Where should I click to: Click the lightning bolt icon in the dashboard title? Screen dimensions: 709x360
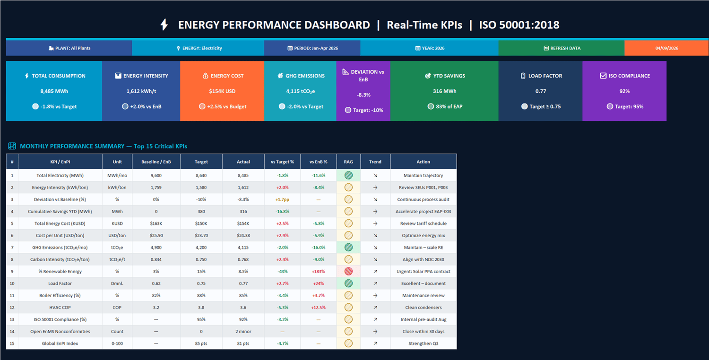(164, 25)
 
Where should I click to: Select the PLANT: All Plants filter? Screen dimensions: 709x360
(69, 48)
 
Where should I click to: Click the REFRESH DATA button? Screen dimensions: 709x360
(562, 48)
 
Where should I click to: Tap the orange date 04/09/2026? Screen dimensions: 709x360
(666, 48)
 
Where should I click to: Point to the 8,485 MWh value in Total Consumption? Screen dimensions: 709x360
(54, 91)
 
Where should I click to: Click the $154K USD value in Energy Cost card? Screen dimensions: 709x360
(222, 91)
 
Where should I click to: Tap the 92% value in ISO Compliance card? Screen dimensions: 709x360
(624, 91)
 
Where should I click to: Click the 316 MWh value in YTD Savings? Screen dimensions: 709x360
(445, 91)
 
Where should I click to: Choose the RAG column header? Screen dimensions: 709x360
(348, 162)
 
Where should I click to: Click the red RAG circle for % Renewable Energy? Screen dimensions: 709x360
(348, 271)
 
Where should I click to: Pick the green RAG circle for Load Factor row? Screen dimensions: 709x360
(348, 283)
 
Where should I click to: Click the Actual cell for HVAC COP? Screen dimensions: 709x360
(243, 307)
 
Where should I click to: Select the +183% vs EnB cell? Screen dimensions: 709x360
(319, 272)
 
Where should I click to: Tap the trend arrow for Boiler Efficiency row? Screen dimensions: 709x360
(375, 295)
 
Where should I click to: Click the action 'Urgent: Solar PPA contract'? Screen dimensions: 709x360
(423, 272)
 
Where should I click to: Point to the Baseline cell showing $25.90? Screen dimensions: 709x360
(156, 235)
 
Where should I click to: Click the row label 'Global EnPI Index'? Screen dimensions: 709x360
(60, 343)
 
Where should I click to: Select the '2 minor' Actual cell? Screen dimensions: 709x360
(243, 331)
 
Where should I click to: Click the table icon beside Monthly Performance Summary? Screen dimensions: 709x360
(12, 146)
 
